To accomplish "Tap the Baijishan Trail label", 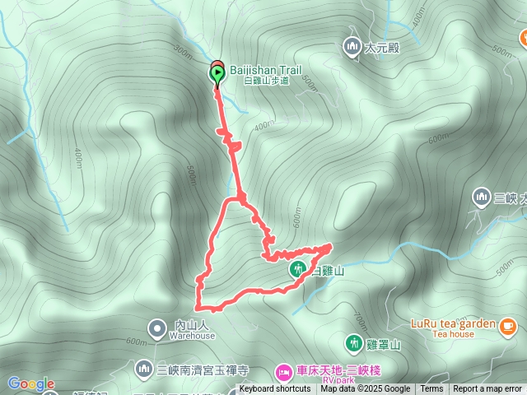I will click(x=266, y=72).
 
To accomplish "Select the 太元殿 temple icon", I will click(x=352, y=47).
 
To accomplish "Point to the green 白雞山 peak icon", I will click(x=296, y=269).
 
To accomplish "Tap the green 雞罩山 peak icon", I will click(x=354, y=342).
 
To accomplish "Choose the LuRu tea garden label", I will click(x=452, y=323).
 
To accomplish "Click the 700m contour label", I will click(x=359, y=316).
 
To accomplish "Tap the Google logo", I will click(x=31, y=383).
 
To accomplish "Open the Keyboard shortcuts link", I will click(x=275, y=389).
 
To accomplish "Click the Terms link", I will click(x=431, y=389).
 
